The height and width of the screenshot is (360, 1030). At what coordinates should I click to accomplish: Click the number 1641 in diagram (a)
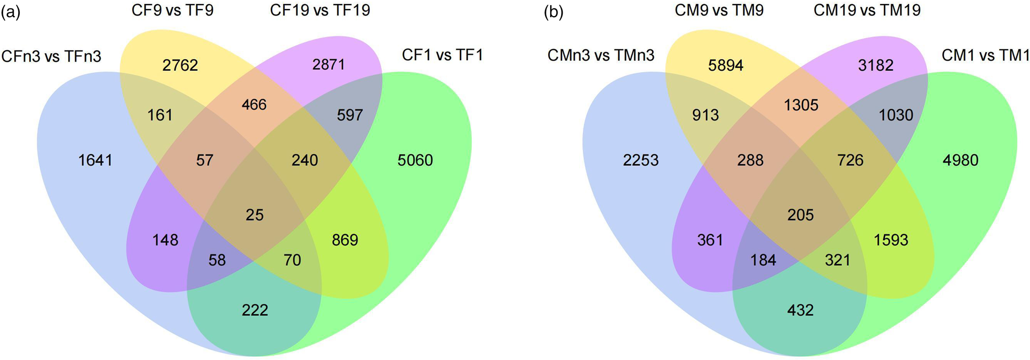95,160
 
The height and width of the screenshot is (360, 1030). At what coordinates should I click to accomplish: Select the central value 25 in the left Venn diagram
255,215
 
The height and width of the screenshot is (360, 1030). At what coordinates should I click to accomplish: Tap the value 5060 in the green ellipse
415,160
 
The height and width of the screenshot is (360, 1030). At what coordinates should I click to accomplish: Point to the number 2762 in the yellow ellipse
180,66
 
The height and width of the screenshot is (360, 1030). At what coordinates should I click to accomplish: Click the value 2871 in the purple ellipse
328,65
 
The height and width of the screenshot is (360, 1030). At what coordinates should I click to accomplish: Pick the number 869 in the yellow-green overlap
345,240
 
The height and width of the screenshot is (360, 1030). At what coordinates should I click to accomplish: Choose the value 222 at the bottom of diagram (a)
255,310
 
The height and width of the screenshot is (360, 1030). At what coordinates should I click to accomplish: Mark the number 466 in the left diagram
254,104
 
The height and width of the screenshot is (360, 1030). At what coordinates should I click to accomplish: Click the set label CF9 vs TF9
172,10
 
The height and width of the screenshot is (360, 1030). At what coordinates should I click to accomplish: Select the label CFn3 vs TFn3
51,56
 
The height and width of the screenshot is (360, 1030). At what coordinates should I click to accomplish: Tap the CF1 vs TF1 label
442,54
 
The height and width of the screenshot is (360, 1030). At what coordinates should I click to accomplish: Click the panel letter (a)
11,13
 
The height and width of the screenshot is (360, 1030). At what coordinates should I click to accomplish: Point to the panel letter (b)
554,13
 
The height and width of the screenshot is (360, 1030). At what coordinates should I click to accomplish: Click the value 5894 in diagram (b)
725,66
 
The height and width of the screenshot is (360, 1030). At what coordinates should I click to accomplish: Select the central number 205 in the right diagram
800,215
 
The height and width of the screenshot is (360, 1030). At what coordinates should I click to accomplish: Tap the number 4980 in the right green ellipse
960,160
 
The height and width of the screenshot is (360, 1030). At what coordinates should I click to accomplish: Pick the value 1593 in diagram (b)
891,240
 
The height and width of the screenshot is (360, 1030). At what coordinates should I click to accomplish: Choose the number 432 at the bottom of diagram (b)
800,310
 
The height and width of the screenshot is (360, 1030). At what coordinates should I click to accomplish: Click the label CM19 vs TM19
867,10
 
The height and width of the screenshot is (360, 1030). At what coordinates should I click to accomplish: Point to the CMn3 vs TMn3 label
601,55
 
